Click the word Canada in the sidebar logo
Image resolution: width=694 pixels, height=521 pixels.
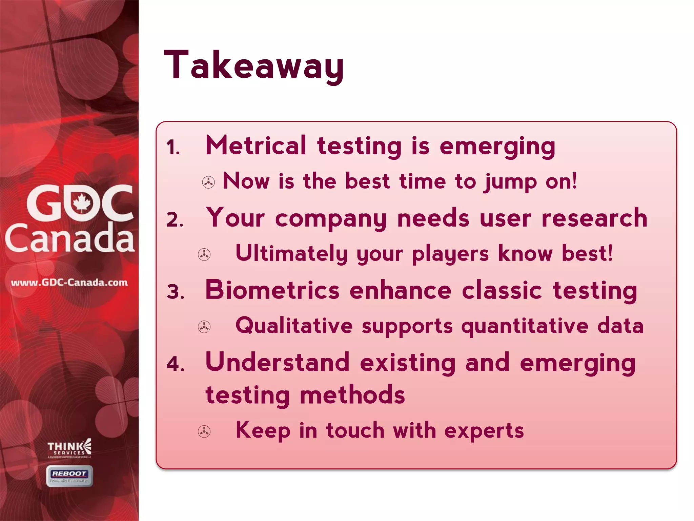69,238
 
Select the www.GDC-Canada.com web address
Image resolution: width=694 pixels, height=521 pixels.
69,283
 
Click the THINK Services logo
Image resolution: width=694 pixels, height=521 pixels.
69,448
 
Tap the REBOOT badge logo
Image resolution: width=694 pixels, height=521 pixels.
69,476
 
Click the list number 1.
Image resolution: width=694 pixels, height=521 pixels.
173,148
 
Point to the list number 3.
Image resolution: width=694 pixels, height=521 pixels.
175,292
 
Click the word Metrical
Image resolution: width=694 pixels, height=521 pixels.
256,146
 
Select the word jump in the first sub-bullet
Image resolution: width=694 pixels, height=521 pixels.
510,182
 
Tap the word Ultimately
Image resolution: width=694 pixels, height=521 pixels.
291,254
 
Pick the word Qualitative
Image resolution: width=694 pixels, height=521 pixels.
294,326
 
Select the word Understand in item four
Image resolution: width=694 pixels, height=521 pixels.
277,362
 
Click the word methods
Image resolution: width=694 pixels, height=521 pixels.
352,395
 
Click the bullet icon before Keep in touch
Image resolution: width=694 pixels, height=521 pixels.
204,431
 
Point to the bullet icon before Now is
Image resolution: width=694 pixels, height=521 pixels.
208,182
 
